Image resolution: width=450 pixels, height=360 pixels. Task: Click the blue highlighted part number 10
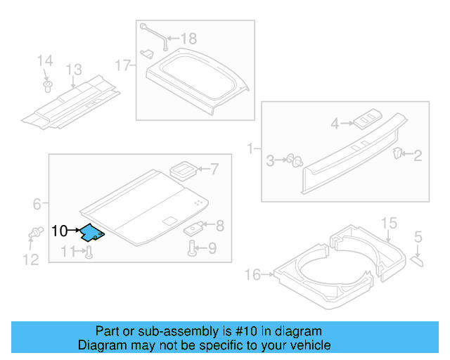(x=92, y=231)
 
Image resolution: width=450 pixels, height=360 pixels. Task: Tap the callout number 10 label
(x=60, y=231)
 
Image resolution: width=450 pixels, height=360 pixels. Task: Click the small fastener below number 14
(x=47, y=86)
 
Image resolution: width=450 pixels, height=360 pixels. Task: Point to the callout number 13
(x=74, y=70)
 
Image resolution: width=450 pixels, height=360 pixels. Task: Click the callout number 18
(x=188, y=38)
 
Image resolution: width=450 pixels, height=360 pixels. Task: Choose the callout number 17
(x=123, y=65)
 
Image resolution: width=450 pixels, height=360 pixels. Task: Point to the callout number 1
(x=250, y=149)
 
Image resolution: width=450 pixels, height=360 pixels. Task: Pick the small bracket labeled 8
(x=194, y=228)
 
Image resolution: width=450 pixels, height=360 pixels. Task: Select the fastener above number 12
(x=32, y=233)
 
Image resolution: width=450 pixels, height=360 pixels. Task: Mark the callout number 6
(x=37, y=205)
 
